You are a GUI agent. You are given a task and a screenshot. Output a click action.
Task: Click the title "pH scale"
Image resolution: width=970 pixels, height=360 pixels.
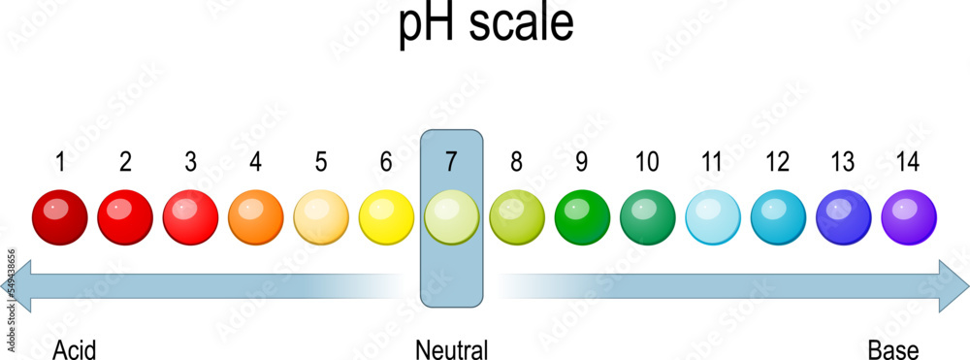485,26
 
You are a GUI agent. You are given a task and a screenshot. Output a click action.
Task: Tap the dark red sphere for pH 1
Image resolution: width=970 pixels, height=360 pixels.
60,217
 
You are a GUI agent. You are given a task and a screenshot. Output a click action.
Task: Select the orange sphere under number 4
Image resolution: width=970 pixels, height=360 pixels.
255,217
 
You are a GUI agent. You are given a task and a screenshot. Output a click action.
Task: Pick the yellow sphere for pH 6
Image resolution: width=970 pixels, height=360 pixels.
386,217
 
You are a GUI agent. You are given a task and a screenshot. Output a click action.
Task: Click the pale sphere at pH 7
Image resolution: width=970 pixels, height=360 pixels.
451,217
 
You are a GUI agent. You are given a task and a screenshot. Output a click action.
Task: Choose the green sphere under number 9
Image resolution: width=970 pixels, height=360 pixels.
582,217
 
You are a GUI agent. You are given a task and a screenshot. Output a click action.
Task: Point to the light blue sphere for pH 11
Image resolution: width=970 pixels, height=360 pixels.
713,217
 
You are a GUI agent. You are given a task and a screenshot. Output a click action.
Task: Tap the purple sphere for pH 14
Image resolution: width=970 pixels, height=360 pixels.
909,217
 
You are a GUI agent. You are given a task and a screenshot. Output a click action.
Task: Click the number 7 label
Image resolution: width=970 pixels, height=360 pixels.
451,162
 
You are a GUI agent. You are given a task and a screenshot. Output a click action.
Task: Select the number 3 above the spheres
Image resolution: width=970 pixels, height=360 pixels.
190,162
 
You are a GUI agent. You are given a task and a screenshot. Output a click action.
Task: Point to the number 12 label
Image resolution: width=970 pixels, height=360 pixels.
778,162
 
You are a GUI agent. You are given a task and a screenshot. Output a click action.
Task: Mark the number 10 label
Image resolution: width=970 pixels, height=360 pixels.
647,162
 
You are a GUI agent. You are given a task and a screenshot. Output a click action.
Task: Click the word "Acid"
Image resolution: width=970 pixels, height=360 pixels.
75,349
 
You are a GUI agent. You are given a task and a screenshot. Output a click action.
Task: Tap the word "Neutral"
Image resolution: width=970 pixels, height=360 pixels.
451,349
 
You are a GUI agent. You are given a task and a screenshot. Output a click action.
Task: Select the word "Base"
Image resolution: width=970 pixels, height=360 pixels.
892,349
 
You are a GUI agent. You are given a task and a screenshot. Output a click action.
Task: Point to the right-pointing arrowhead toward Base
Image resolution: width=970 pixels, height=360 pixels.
953,286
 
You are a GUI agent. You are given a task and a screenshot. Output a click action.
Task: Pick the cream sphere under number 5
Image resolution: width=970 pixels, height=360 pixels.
320,217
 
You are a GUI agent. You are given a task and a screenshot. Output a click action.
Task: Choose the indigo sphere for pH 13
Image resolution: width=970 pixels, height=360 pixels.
843,217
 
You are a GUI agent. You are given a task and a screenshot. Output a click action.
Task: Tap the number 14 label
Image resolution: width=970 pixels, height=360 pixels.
909,162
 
